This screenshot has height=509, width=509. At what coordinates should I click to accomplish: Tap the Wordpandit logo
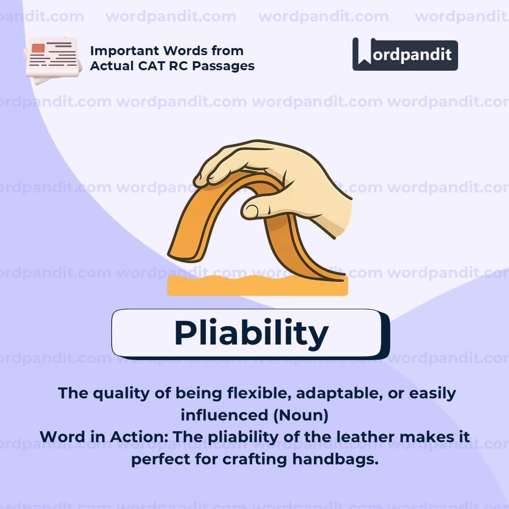tap(405, 54)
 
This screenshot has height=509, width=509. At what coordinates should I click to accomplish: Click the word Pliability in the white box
tap(251, 333)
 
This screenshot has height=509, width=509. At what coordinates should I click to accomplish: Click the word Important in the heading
tap(124, 51)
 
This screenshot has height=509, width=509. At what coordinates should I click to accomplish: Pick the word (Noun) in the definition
tap(301, 416)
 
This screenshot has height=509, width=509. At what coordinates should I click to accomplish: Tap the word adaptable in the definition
tap(337, 394)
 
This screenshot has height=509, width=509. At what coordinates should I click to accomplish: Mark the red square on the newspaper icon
tap(38, 48)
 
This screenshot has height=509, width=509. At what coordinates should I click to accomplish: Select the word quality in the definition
tap(122, 394)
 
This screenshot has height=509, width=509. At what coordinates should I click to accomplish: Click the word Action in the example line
tap(139, 437)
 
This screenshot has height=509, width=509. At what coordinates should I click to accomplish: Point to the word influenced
tap(224, 416)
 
